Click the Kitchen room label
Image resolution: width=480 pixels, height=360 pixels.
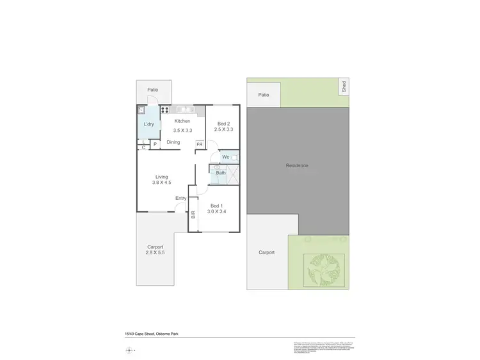(182, 121)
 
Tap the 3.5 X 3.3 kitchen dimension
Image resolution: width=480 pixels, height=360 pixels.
(182, 130)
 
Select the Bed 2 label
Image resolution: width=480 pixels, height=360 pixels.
(223, 123)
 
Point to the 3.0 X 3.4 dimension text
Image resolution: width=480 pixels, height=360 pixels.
(216, 211)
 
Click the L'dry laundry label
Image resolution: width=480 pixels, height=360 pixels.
(148, 124)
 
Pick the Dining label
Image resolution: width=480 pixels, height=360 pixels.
(173, 142)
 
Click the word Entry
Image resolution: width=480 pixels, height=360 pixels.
(181, 198)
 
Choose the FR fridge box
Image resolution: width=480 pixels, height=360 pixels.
(200, 145)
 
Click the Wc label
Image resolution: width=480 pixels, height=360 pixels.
(225, 157)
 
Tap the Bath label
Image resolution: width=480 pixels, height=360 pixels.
(220, 173)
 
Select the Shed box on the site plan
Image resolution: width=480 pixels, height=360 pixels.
(344, 86)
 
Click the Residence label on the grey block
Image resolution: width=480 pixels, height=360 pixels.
(297, 166)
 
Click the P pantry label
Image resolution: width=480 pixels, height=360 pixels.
(154, 145)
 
